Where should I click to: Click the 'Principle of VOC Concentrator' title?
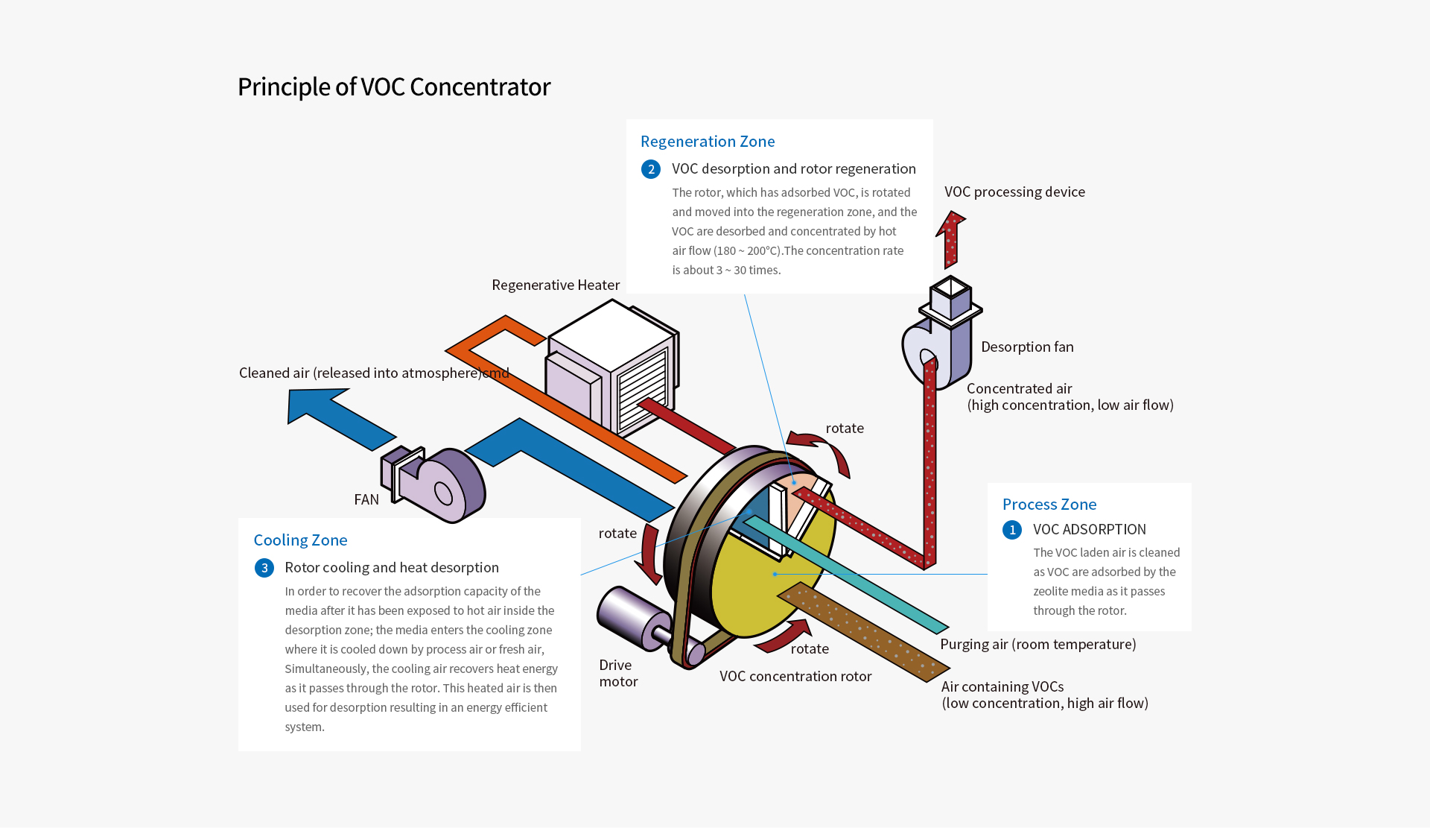pyautogui.click(x=393, y=87)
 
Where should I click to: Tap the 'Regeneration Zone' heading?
pyautogui.click(x=707, y=142)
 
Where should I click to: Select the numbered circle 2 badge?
pyautogui.click(x=650, y=169)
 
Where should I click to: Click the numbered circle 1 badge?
pyautogui.click(x=1011, y=530)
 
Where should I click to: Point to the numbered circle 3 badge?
pyautogui.click(x=264, y=568)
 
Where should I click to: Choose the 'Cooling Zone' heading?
pyautogui.click(x=300, y=540)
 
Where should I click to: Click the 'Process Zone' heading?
pyautogui.click(x=1049, y=505)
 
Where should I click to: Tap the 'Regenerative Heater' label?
pyautogui.click(x=555, y=285)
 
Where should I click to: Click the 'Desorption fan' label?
pyautogui.click(x=1026, y=347)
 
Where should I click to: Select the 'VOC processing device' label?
pyautogui.click(x=1014, y=192)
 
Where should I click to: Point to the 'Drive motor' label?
pyautogui.click(x=617, y=673)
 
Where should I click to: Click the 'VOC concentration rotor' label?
pyautogui.click(x=795, y=677)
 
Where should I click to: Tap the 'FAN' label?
pyautogui.click(x=366, y=500)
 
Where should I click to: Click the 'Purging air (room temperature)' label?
pyautogui.click(x=1037, y=645)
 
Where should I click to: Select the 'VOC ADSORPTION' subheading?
pyautogui.click(x=1089, y=530)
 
